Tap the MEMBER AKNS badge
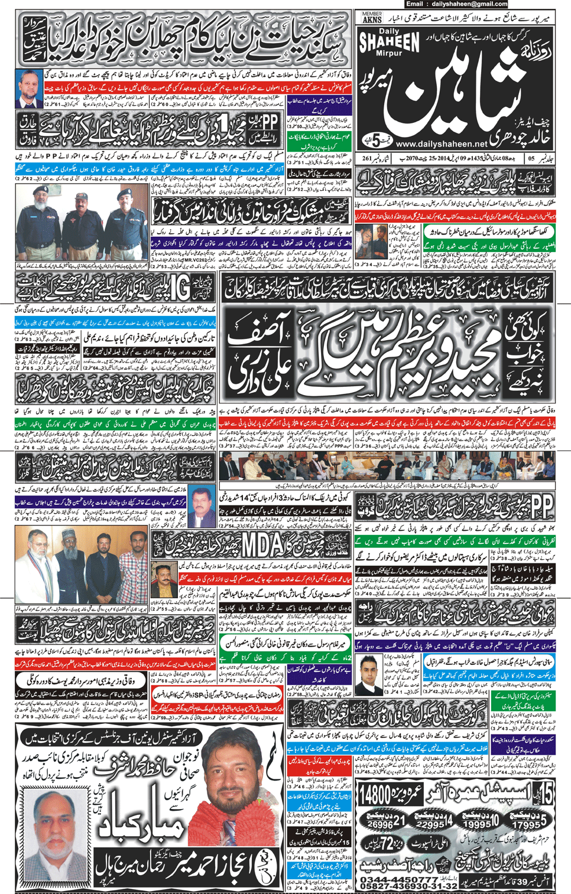point(372,17)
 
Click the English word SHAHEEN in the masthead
point(390,42)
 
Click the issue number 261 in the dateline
point(367,158)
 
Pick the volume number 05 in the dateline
point(531,158)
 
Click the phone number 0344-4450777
point(397,879)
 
